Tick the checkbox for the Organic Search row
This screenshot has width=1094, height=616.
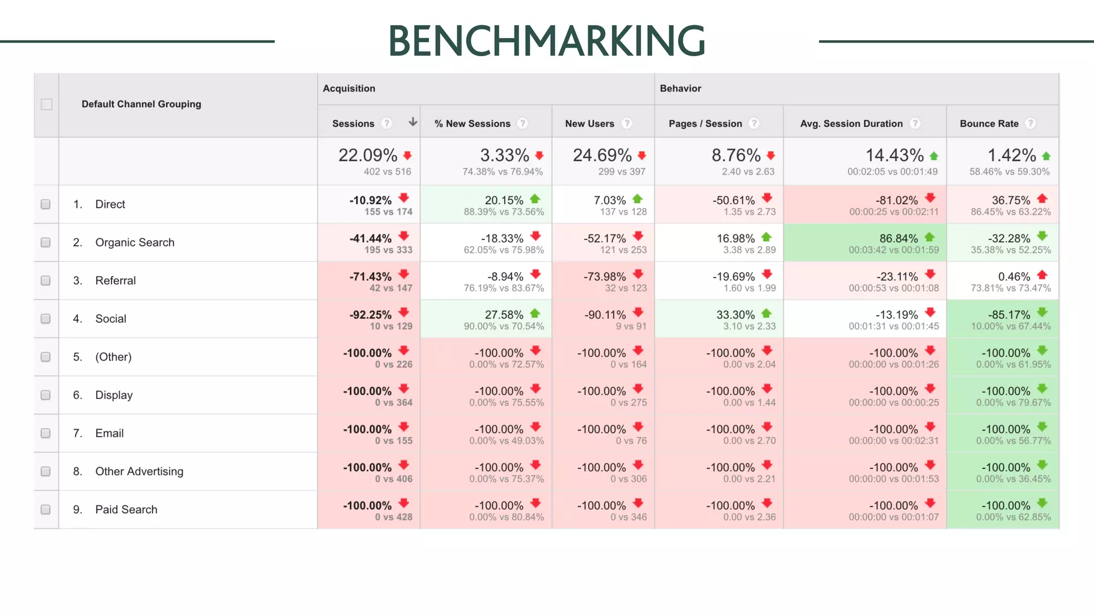click(46, 242)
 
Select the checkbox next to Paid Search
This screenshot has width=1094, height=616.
click(46, 510)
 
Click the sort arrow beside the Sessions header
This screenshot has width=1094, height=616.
click(412, 122)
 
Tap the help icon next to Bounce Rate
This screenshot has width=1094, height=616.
click(1030, 124)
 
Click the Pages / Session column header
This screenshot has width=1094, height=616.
click(705, 124)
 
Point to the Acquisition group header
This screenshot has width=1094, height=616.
click(349, 88)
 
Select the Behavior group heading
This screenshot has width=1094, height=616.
click(680, 88)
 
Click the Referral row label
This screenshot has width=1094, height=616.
click(115, 281)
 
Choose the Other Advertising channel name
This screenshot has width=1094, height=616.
click(139, 472)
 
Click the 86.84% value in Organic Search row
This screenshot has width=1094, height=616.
click(898, 238)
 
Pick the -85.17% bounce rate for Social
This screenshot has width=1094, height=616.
click(1005, 314)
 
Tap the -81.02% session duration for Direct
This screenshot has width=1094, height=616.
click(896, 200)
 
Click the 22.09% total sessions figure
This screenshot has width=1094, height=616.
click(368, 155)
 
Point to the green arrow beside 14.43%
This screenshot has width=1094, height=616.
click(934, 156)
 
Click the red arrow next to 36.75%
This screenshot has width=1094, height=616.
click(1042, 199)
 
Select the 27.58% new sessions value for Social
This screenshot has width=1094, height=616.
click(504, 314)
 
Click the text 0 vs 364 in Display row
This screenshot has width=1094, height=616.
click(393, 403)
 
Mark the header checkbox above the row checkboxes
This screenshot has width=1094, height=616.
click(46, 104)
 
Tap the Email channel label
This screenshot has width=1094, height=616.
click(110, 433)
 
